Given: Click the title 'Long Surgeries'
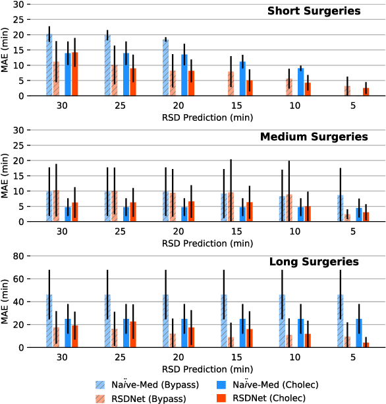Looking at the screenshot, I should [x=314, y=262].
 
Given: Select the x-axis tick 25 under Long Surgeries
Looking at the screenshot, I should [x=119, y=358].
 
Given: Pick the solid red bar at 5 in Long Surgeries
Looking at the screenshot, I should [x=366, y=345].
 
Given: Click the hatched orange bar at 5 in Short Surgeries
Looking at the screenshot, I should [x=347, y=91].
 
